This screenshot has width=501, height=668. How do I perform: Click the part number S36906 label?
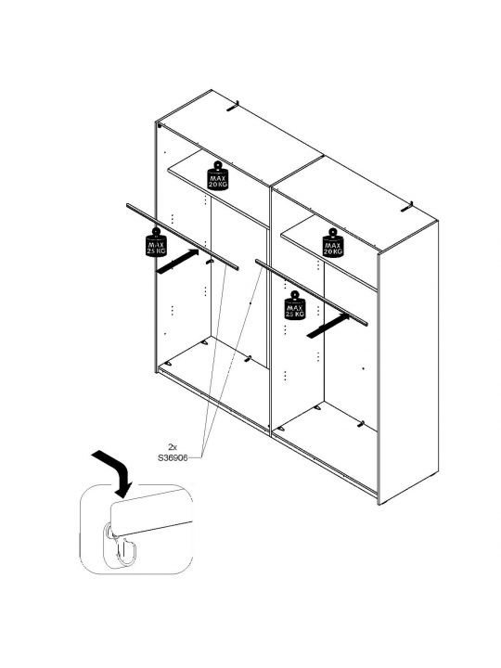coord(173,458)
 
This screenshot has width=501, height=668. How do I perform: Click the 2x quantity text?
coord(173,447)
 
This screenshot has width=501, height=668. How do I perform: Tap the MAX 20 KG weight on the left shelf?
coord(218,176)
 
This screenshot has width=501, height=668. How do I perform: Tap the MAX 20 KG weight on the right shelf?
coord(333,243)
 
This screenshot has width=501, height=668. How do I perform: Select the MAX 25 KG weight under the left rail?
coord(157,243)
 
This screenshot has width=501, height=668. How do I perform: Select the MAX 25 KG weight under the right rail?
coord(295,305)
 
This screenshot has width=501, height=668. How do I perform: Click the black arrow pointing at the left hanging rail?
coord(177,262)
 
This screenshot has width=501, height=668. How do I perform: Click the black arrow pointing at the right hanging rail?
coord(328,327)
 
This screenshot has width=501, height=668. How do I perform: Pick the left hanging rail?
coord(183,237)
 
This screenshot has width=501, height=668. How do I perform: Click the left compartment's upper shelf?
coord(217,187)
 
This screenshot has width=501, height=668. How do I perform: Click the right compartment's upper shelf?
coord(328,251)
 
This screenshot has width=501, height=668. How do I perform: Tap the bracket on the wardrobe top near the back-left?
coord(233,106)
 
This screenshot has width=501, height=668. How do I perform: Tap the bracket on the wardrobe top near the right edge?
coord(407,207)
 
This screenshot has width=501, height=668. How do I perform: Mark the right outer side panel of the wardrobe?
coord(408,362)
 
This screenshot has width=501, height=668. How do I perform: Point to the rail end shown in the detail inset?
coord(151,512)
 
